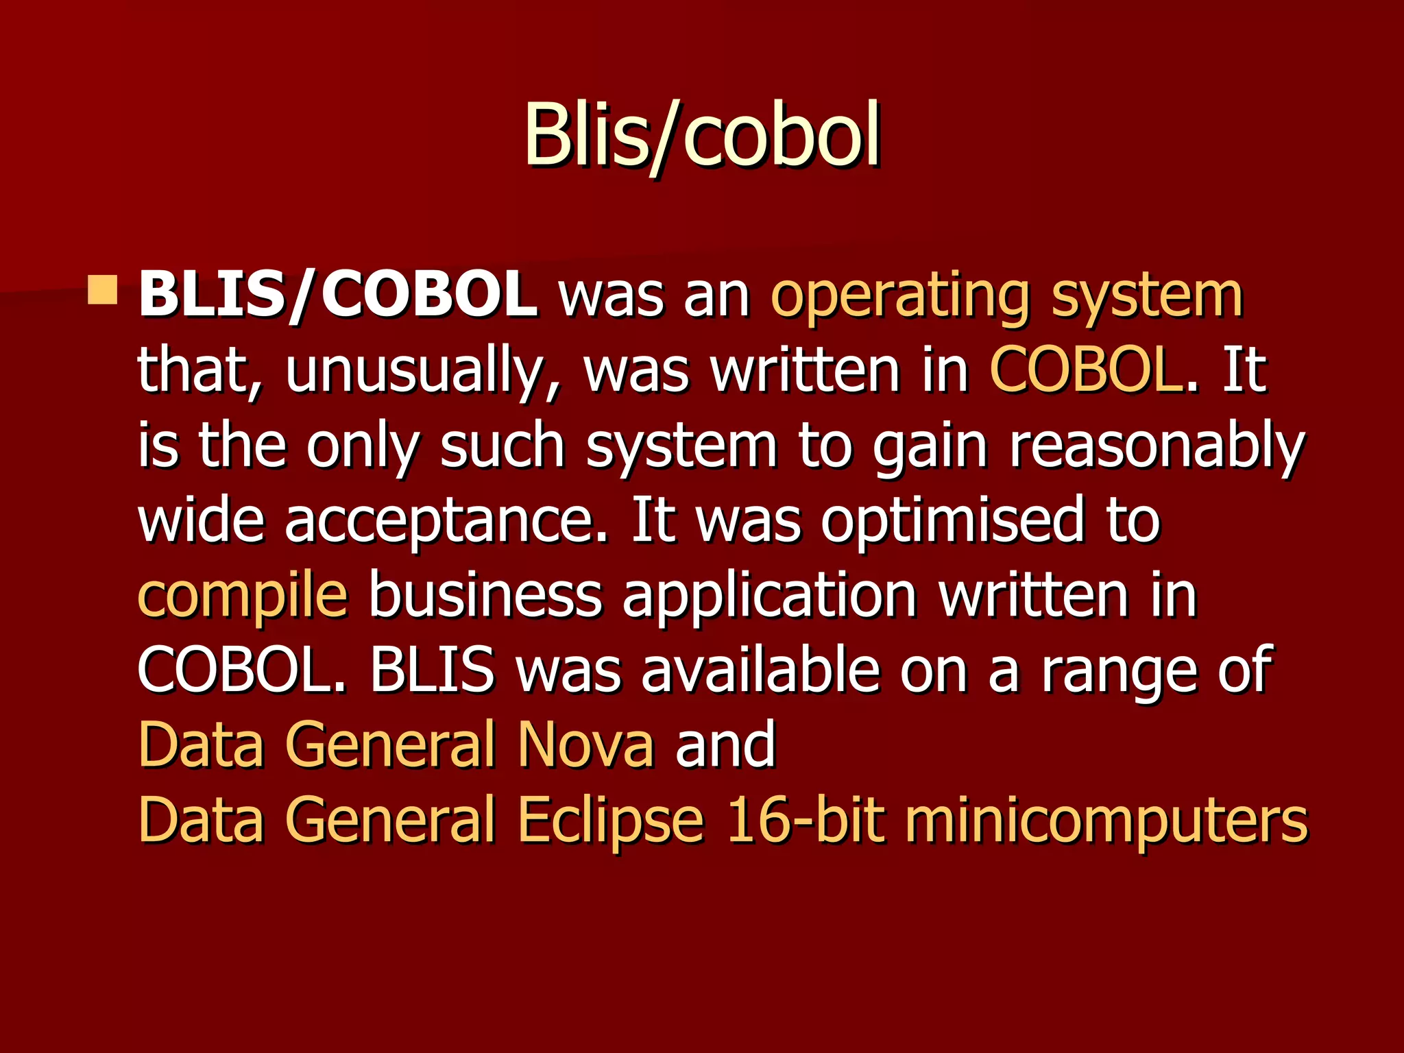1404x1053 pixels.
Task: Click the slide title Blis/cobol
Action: pos(702,135)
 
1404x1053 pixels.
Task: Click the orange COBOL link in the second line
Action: pos(1086,370)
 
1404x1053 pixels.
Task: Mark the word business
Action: pos(485,595)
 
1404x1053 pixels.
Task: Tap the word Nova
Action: pos(586,745)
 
